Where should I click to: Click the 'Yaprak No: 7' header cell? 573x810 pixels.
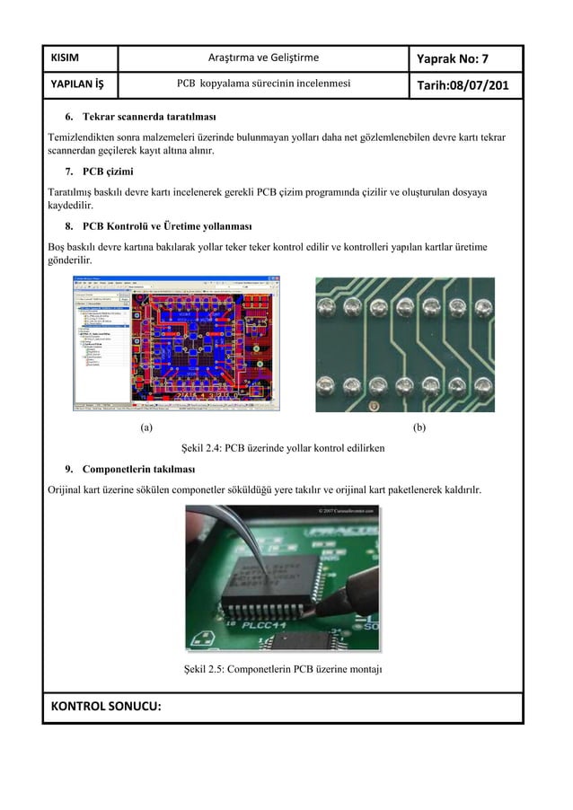(x=464, y=59)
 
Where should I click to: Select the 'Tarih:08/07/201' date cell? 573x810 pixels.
(x=464, y=85)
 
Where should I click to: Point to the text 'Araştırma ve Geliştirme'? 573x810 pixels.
(x=263, y=59)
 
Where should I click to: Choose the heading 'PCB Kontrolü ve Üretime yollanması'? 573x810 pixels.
(x=167, y=225)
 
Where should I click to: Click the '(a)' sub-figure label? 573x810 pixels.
(x=146, y=427)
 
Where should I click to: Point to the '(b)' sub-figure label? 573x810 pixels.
(x=419, y=427)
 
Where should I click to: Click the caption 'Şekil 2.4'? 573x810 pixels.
(x=283, y=447)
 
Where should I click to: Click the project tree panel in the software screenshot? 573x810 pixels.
(x=101, y=346)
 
